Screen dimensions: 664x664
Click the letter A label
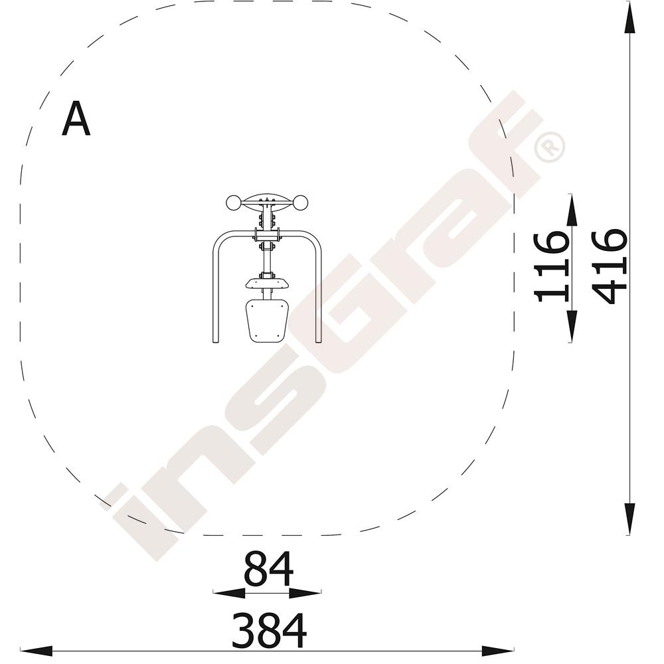pos(76,119)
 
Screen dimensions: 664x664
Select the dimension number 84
pos(268,570)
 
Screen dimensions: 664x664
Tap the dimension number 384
pos(270,631)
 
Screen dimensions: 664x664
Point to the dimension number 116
pos(550,267)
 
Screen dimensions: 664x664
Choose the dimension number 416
pos(610,267)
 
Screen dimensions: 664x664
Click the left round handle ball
pos(233,203)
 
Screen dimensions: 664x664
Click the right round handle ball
pos(300,203)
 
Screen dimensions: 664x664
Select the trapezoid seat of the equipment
pos(267,321)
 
